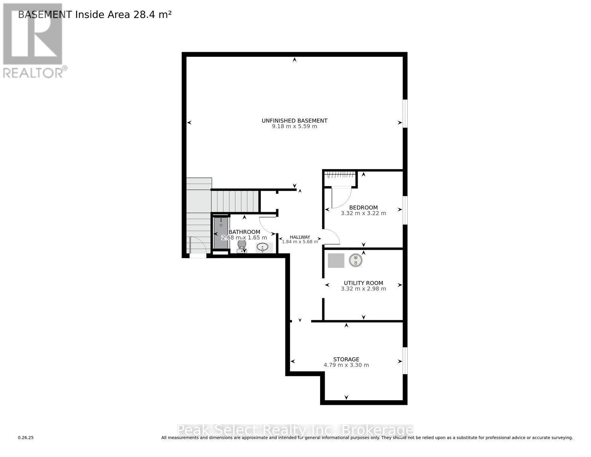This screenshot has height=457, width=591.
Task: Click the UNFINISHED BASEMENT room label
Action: click(294, 121)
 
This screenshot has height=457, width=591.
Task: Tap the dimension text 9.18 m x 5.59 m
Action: click(294, 126)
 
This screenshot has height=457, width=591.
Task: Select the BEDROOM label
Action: click(363, 208)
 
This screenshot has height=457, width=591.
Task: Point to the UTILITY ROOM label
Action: click(363, 283)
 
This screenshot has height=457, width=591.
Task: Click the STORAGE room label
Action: click(346, 359)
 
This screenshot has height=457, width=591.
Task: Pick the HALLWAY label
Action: click(300, 237)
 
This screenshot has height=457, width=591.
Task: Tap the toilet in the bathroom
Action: click(242, 246)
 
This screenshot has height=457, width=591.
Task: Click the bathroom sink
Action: click(262, 248)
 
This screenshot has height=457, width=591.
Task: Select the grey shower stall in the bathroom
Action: click(221, 233)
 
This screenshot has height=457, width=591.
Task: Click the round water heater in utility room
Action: click(356, 260)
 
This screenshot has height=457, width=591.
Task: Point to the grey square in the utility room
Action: click(336, 260)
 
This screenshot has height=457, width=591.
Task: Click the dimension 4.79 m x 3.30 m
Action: click(346, 365)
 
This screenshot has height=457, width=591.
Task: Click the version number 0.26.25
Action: click(26, 438)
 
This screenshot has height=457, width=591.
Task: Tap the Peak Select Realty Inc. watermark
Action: click(295, 430)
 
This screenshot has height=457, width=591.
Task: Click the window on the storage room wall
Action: click(405, 360)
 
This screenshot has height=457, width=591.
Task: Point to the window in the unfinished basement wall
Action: click(405, 113)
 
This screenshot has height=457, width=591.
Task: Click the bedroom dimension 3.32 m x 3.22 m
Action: click(363, 213)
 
